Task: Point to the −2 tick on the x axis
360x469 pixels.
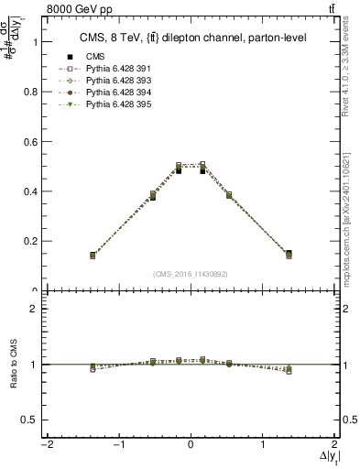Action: pos(46,444)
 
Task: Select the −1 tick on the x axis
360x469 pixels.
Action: pos(118,444)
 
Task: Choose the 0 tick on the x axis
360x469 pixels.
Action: pos(191,444)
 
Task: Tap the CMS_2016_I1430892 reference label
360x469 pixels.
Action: pos(191,274)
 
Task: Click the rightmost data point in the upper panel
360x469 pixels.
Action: pos(289,254)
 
